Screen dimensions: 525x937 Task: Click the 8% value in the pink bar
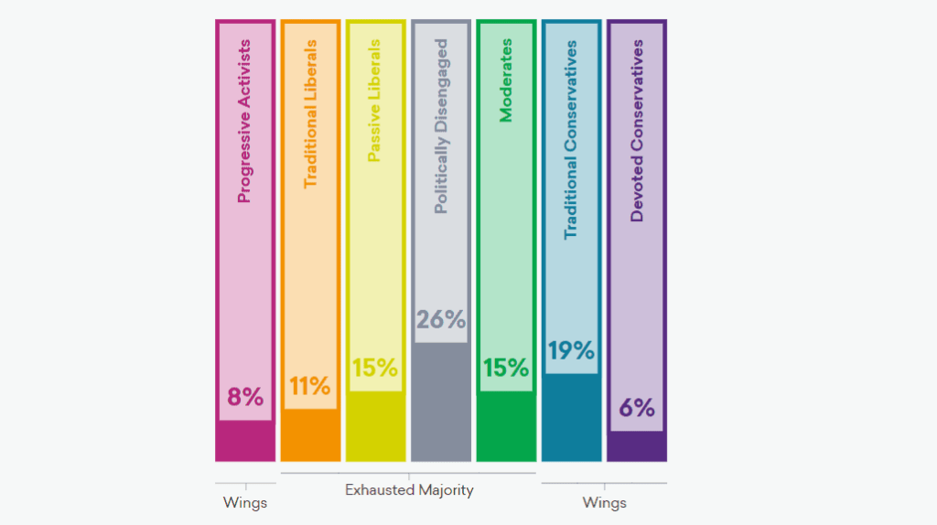point(244,397)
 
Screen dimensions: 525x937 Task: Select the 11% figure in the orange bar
point(310,386)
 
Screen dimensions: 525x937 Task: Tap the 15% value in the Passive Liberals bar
point(375,368)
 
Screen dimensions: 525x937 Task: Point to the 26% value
point(441,320)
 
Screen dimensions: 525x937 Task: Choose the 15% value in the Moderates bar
point(506,368)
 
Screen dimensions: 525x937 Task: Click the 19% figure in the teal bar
point(571,350)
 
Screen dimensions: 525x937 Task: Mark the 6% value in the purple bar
point(637,408)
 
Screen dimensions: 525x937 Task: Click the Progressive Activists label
point(244,134)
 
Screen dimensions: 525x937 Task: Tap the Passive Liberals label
point(374,101)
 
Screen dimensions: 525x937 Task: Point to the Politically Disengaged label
point(441,126)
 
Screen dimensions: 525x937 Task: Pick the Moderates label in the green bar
point(506,80)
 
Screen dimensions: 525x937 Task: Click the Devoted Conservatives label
point(637,130)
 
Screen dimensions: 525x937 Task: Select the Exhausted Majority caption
point(409,490)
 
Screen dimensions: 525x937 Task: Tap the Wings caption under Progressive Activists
point(244,502)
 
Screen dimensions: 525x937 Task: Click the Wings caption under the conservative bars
point(604,502)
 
